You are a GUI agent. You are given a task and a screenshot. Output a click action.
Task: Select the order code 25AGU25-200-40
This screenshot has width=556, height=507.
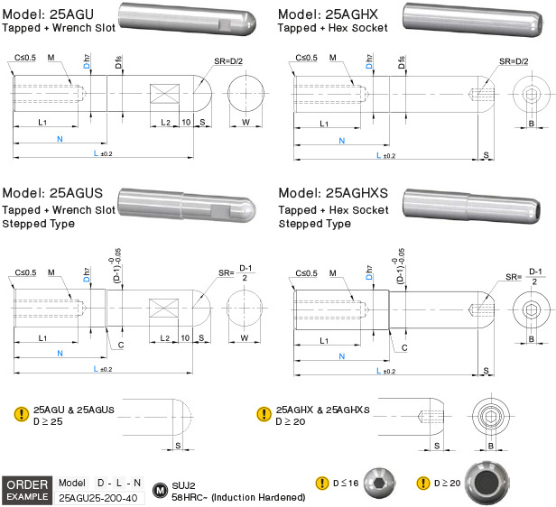(x=99, y=497)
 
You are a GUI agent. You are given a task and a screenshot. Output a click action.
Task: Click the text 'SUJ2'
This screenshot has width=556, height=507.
(x=185, y=484)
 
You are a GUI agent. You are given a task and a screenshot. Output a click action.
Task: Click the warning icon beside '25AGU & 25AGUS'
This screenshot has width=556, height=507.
(x=21, y=414)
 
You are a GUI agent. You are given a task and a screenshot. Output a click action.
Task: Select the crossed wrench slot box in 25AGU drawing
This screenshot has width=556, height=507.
(x=164, y=94)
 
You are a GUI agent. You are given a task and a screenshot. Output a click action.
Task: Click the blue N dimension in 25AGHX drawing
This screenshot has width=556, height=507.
(x=340, y=140)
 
